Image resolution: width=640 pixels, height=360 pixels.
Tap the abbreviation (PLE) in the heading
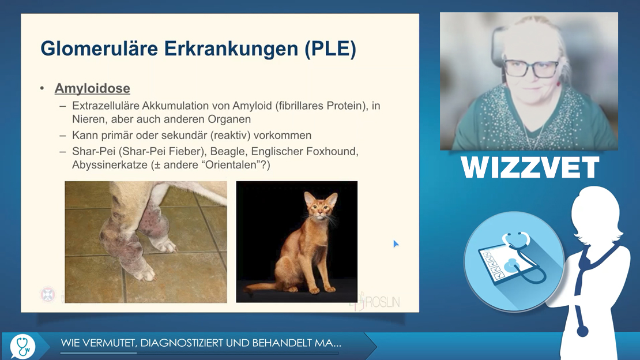(x=330, y=49)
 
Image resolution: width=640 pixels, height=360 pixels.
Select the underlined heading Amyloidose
(x=92, y=88)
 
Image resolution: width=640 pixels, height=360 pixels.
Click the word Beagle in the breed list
(x=227, y=152)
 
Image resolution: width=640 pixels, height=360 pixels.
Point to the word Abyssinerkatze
(x=110, y=165)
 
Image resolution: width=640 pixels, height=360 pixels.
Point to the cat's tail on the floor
(x=261, y=287)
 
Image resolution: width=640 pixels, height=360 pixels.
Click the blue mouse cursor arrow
(x=396, y=244)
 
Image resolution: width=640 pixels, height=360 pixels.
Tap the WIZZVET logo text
(x=530, y=167)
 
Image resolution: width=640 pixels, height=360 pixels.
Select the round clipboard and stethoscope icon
(x=514, y=261)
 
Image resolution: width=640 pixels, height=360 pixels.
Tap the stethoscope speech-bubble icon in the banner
(x=23, y=347)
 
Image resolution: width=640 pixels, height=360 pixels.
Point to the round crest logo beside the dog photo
(x=48, y=295)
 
